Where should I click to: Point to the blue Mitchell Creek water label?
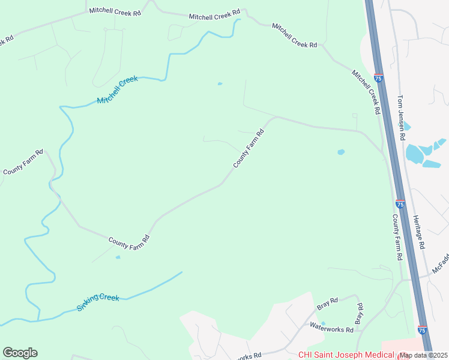[x=117, y=90]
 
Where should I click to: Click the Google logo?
[x=20, y=353]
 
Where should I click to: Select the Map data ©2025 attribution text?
[x=424, y=355]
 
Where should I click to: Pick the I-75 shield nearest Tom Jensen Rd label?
[x=378, y=78]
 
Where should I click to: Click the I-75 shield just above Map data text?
[x=422, y=330]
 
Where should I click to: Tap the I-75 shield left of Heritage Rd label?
[x=400, y=204]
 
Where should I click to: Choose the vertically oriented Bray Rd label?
[x=360, y=314]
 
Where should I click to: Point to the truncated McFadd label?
[x=441, y=262]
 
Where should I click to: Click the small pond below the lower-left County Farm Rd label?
[x=118, y=257]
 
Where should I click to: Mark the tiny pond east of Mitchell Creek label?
[x=220, y=83]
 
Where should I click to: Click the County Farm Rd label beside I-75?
[x=396, y=237]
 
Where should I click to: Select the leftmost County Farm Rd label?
[x=23, y=162]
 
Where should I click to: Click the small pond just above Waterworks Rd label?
[x=323, y=323]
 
